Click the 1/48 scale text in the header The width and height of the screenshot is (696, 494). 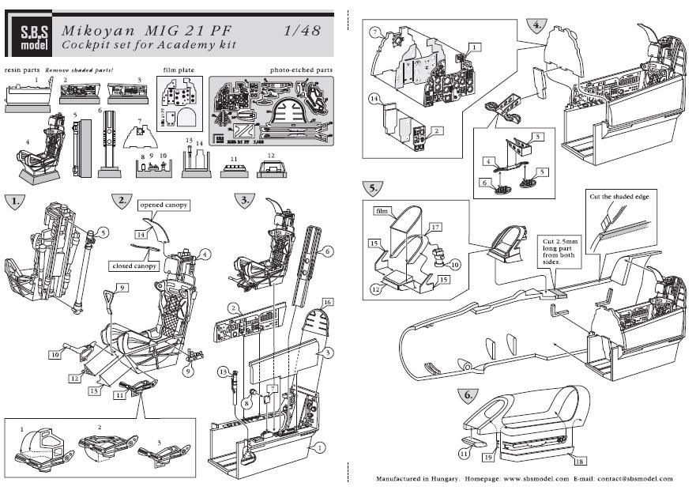(x=302, y=30)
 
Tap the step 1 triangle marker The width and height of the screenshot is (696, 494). (x=13, y=200)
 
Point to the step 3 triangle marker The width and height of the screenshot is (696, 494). (x=245, y=200)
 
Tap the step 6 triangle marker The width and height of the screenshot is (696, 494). (x=468, y=395)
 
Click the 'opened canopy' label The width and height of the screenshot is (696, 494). (x=164, y=206)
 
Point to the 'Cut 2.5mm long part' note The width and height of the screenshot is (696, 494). (x=562, y=251)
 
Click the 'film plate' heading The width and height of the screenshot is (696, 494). (x=179, y=70)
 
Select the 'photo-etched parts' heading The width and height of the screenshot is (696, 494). (x=301, y=70)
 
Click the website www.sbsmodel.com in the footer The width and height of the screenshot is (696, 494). (x=536, y=479)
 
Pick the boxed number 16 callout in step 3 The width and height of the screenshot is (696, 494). (x=327, y=303)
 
